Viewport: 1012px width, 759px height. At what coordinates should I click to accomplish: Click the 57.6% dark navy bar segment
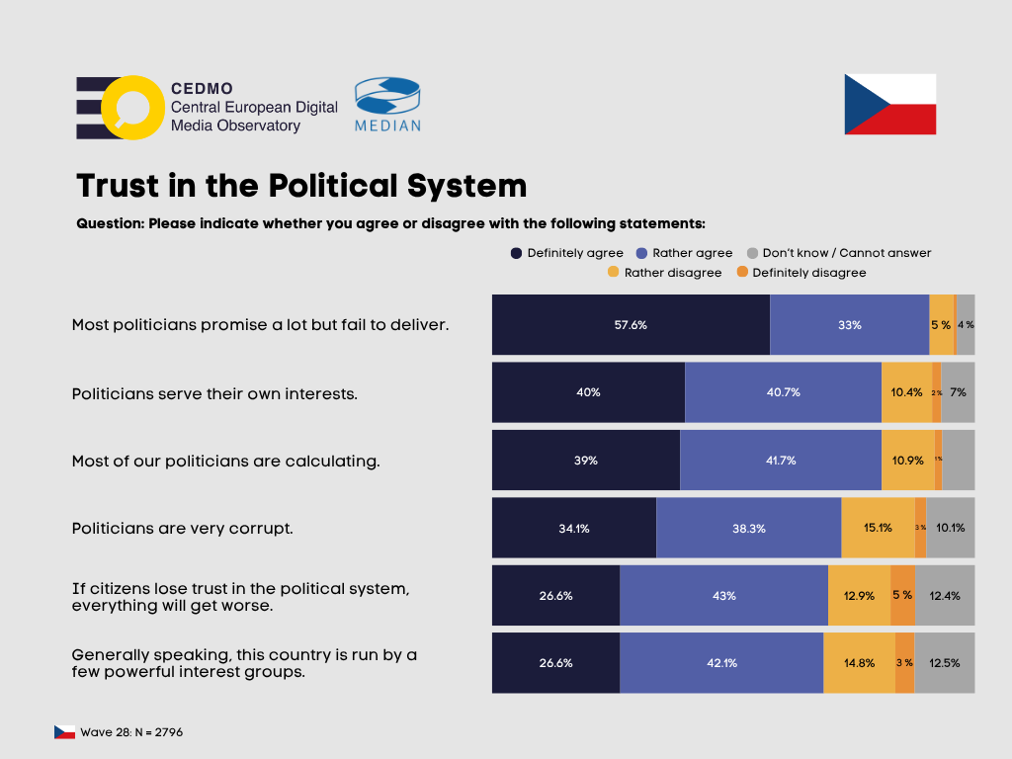click(631, 324)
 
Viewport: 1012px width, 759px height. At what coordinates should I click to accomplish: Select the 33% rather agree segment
click(849, 324)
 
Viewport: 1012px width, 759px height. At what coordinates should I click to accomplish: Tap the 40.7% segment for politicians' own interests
click(783, 392)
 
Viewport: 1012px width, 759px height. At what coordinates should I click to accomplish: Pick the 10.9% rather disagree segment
click(907, 460)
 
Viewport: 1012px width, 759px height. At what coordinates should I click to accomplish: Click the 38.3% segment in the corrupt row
click(748, 528)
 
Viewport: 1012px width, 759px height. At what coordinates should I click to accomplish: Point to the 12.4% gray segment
click(944, 595)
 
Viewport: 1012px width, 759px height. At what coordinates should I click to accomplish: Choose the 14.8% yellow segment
click(858, 663)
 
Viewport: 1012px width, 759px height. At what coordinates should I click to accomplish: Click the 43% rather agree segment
click(723, 595)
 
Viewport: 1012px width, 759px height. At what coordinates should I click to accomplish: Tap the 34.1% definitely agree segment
click(573, 528)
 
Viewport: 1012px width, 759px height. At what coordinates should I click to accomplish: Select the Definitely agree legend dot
click(516, 253)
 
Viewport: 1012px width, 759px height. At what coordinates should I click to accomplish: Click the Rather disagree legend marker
click(613, 273)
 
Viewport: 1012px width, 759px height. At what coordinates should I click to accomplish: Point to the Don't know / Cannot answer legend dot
click(752, 253)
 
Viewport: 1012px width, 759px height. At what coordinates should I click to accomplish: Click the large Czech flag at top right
click(889, 104)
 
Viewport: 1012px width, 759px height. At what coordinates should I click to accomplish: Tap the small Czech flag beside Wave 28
click(65, 732)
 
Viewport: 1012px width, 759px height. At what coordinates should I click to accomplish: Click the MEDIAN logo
click(387, 104)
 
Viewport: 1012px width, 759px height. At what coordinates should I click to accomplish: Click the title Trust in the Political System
click(301, 186)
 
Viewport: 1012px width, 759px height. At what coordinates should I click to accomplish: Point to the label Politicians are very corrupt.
click(183, 528)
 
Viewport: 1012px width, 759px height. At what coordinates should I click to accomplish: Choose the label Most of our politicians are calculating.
click(225, 461)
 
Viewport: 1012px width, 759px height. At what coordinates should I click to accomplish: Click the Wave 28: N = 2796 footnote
click(131, 732)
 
